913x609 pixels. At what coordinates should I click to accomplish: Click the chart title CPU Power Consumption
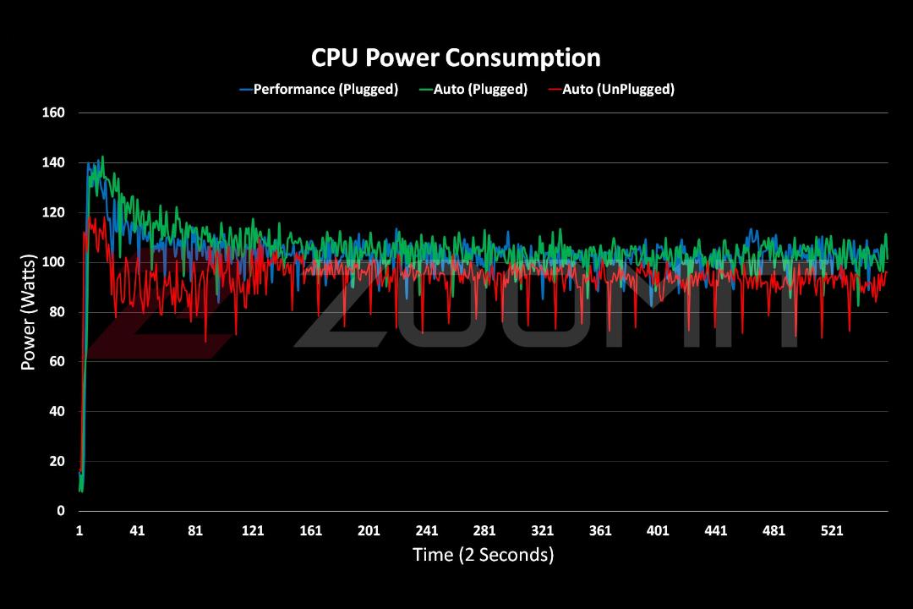tap(456, 58)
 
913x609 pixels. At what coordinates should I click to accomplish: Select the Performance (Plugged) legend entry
tap(319, 89)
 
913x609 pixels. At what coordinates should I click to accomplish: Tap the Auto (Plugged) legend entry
tap(473, 89)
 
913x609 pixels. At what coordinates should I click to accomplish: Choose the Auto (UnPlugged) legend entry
tap(611, 89)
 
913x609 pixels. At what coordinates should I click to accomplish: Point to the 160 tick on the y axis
tap(53, 112)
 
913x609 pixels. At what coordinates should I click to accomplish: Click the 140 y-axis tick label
tap(53, 162)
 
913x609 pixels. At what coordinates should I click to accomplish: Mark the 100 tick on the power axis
tap(53, 262)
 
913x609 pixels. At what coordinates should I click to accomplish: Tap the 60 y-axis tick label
tap(57, 361)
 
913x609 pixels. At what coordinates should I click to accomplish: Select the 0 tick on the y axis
tap(61, 511)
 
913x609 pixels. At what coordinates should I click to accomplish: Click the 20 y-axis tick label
tap(57, 461)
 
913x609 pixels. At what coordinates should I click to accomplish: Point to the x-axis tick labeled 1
tap(79, 531)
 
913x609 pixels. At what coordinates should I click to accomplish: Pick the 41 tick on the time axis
tap(137, 531)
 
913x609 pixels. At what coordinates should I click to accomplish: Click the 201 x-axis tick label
tap(369, 531)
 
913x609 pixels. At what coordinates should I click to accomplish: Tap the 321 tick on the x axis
tap(542, 531)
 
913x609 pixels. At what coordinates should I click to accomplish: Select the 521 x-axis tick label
tap(832, 531)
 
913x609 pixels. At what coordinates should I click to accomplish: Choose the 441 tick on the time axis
tap(716, 531)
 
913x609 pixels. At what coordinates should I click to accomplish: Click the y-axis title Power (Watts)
tap(28, 312)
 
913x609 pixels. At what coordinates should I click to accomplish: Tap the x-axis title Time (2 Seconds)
tap(484, 555)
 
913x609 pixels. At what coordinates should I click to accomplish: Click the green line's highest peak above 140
tap(102, 156)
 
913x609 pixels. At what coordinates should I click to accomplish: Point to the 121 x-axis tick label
tap(253, 531)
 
